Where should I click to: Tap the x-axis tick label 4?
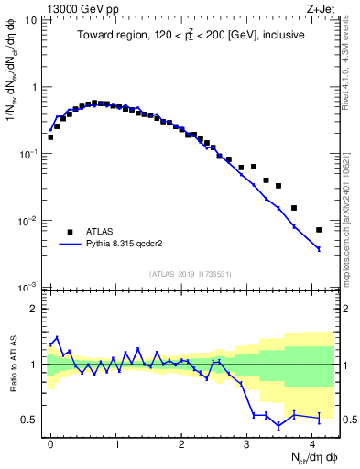314,442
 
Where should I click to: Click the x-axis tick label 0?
50,442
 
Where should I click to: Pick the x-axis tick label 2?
182,442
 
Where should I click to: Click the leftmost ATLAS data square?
50,137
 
